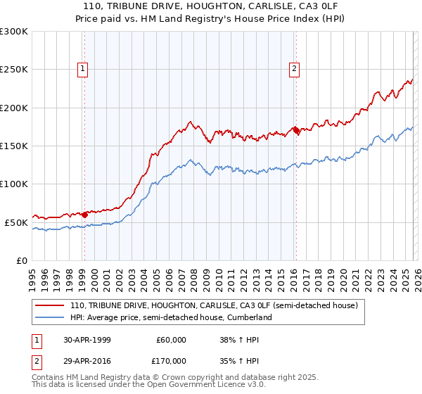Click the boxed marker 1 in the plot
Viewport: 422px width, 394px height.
coord(83,69)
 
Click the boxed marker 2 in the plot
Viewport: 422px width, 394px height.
coord(293,69)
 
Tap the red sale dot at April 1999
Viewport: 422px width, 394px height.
coord(84,215)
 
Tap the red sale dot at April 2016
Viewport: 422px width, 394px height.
coord(296,131)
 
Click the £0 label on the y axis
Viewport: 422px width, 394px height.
coord(21,260)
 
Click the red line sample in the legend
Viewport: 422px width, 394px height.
coord(50,306)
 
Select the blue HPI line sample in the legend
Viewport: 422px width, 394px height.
coord(50,318)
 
